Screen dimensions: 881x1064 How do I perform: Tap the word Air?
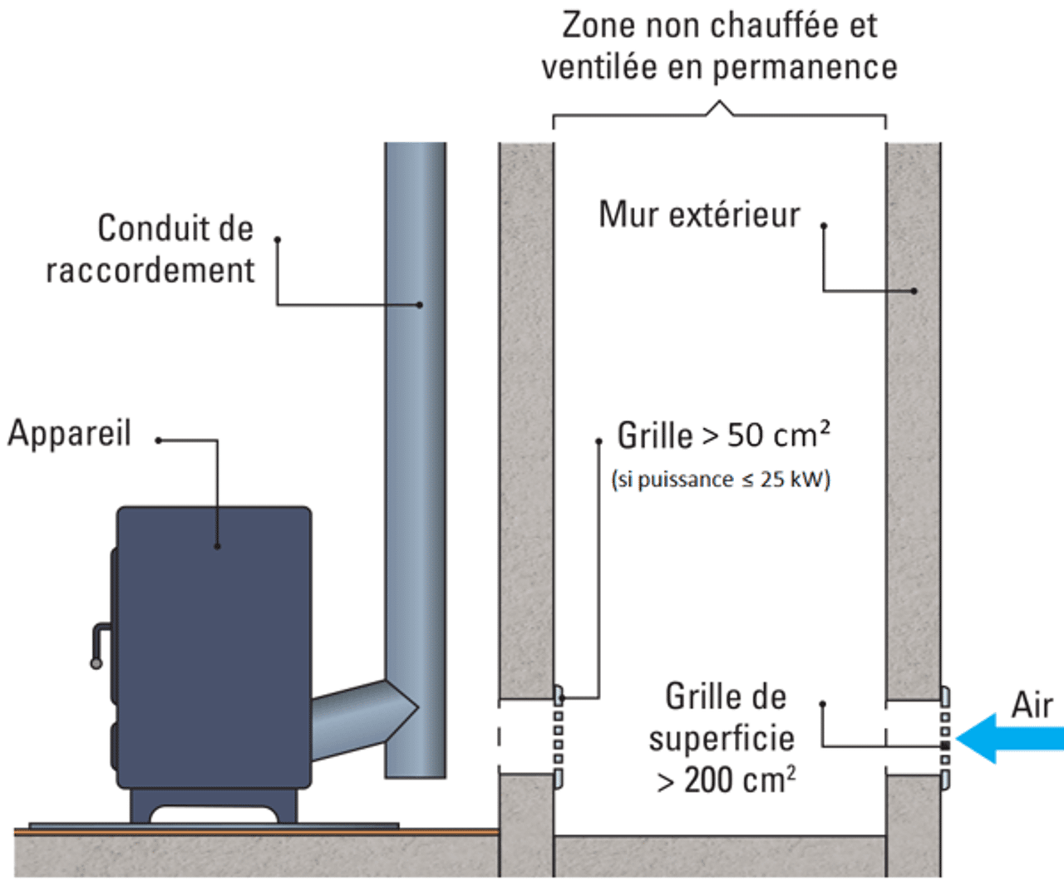click(x=1032, y=705)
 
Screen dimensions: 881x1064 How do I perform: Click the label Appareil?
click(x=70, y=433)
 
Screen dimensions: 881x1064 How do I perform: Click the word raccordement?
click(x=150, y=271)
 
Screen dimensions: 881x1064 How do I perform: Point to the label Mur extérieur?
click(x=699, y=214)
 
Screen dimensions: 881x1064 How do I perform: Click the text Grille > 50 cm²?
click(x=722, y=435)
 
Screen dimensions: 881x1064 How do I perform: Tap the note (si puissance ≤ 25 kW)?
click(x=720, y=480)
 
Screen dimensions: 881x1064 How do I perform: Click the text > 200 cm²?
click(x=726, y=780)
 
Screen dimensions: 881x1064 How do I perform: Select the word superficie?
click(x=722, y=738)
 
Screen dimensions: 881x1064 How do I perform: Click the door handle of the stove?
click(x=98, y=644)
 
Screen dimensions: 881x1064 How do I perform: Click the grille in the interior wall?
click(x=558, y=736)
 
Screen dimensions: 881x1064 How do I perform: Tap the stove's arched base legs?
click(x=213, y=806)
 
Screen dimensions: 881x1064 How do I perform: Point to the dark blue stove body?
click(x=214, y=648)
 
